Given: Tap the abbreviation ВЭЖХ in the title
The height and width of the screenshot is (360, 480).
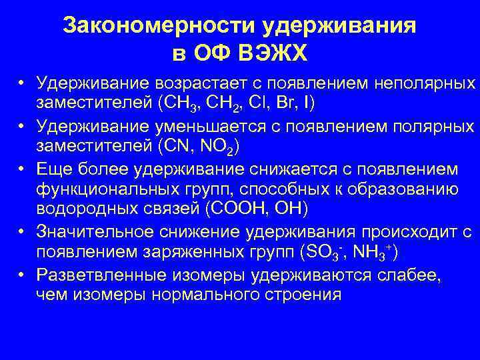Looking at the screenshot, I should coord(275,53).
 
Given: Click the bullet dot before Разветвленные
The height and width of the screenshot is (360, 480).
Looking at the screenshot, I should coord(22,273).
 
